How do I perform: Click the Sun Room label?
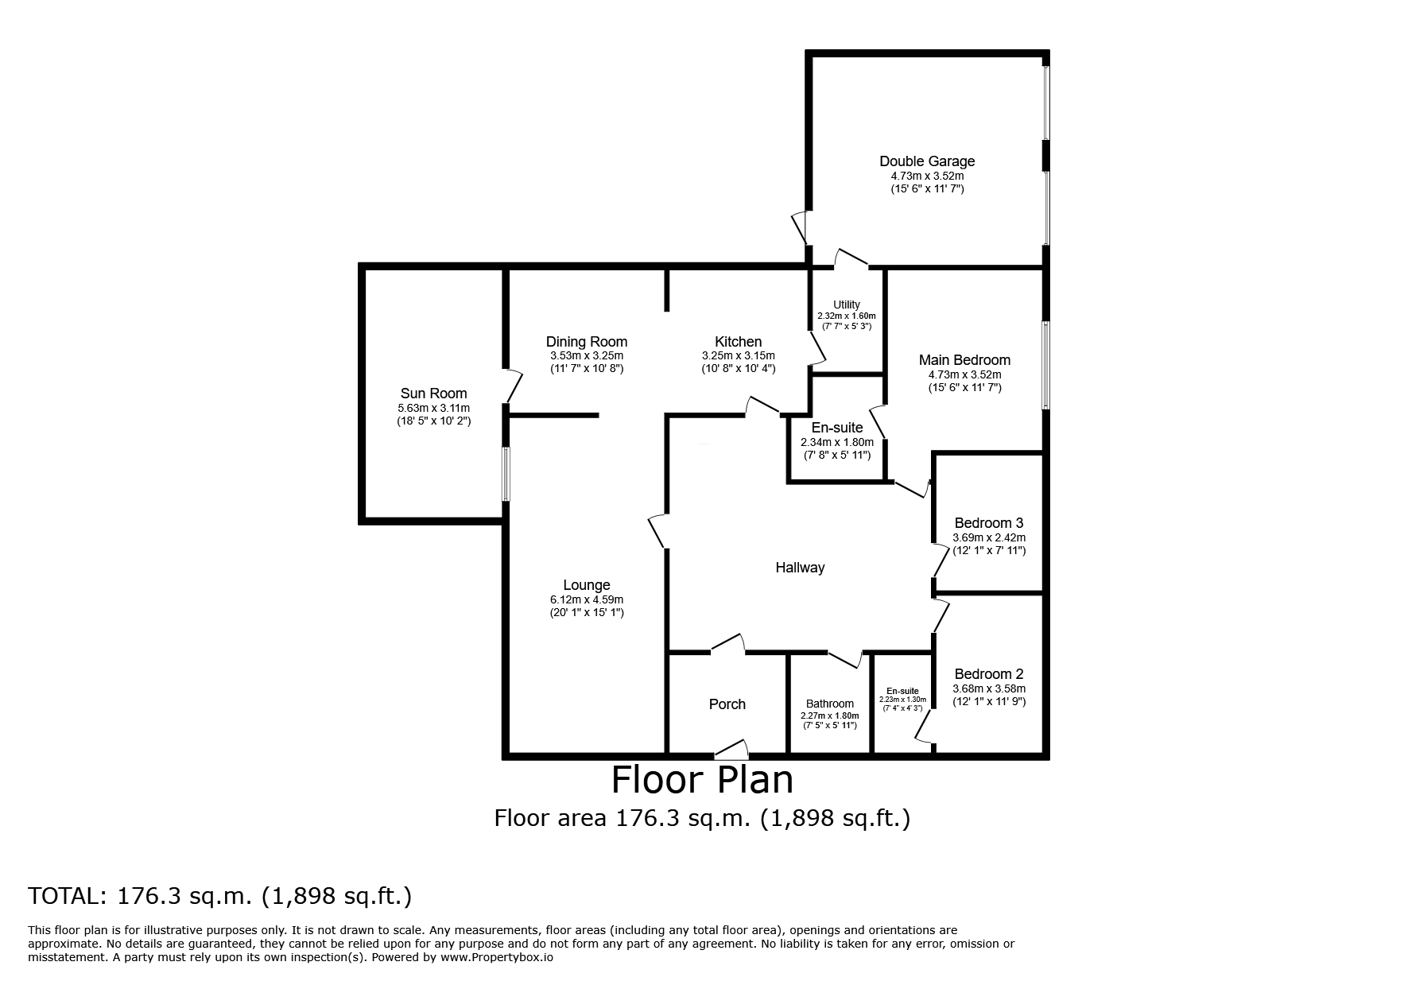click(x=433, y=394)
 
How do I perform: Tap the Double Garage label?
click(x=927, y=161)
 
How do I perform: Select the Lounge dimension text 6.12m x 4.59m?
click(x=587, y=599)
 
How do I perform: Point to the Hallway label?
click(x=800, y=568)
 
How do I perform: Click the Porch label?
click(x=727, y=704)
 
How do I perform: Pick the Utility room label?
click(x=847, y=304)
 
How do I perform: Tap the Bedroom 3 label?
click(x=989, y=523)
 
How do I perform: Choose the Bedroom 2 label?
click(x=989, y=674)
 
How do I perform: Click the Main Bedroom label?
click(x=964, y=360)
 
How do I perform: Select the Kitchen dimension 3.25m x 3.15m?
click(x=738, y=355)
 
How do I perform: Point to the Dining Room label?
click(x=587, y=342)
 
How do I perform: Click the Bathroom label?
click(x=830, y=704)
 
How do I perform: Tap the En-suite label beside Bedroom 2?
click(x=902, y=691)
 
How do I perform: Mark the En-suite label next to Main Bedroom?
click(x=837, y=428)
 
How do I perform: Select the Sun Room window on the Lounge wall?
click(x=506, y=474)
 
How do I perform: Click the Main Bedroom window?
click(x=1046, y=365)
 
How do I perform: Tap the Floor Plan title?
click(x=703, y=780)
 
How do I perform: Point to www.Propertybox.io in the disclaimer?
click(x=496, y=957)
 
